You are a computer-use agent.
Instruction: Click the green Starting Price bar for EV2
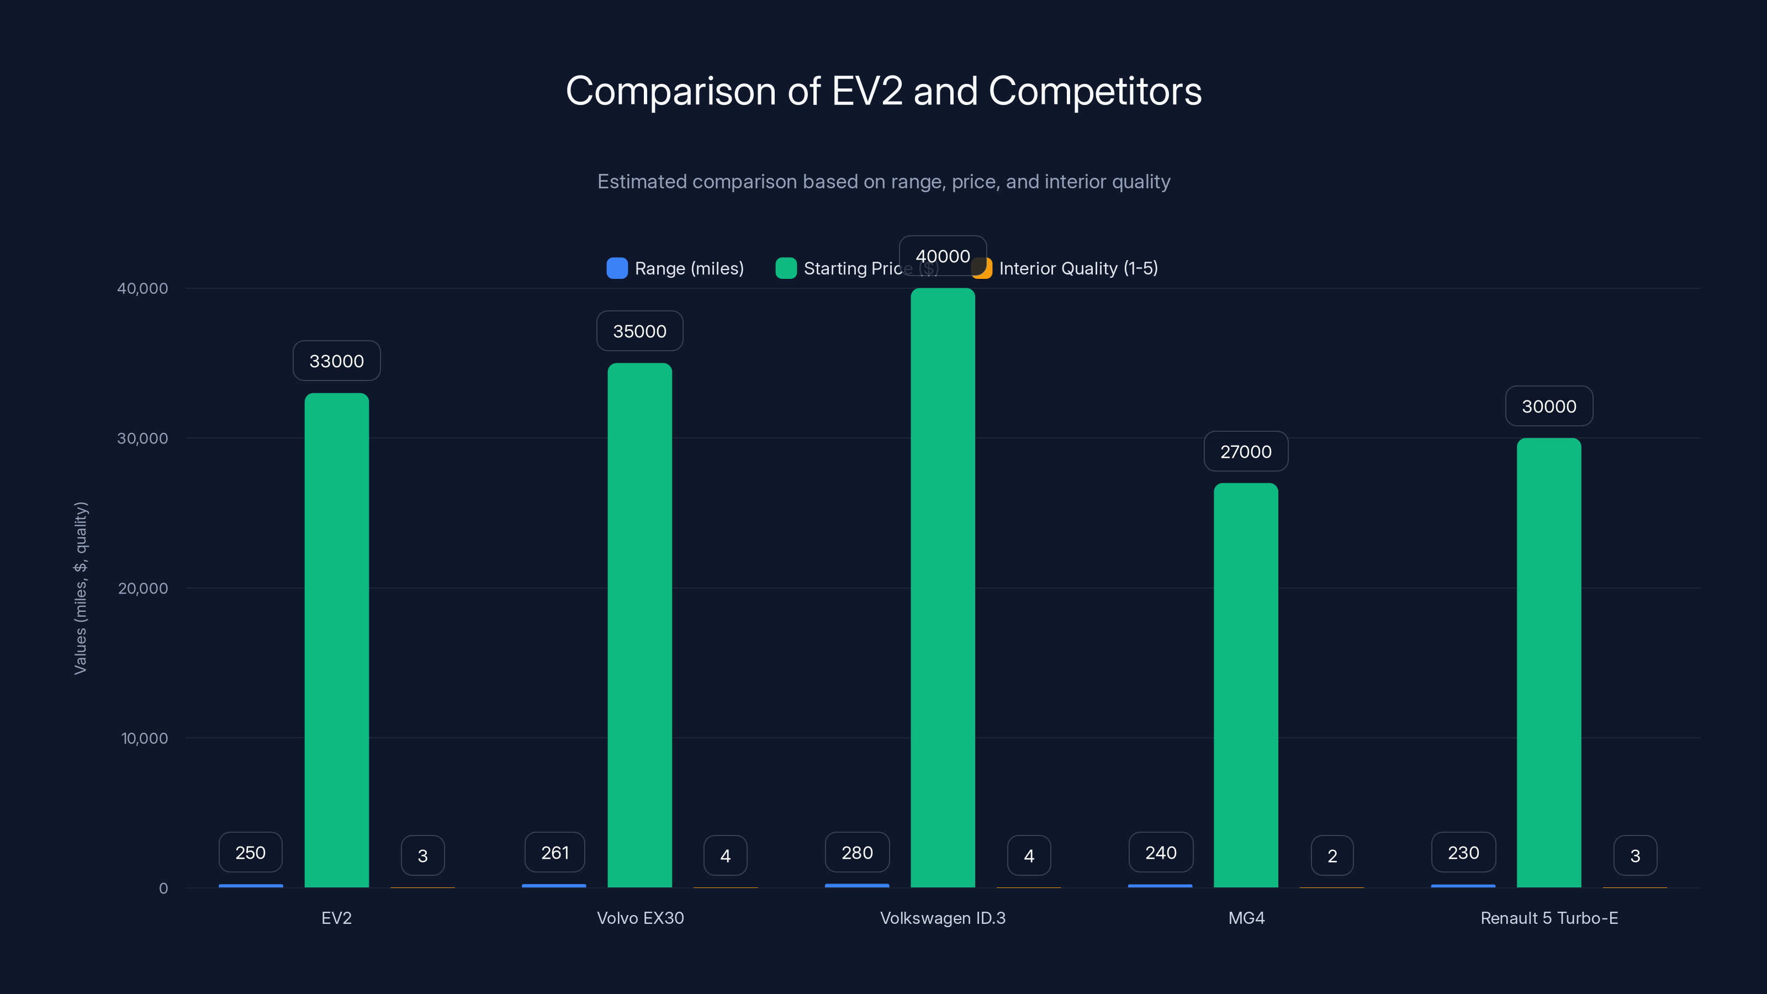click(336, 639)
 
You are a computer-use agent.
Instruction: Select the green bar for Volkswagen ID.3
click(943, 587)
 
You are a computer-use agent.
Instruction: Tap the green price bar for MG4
click(1246, 685)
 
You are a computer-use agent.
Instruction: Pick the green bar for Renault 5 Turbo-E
click(1549, 662)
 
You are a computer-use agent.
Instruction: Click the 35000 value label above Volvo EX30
click(639, 331)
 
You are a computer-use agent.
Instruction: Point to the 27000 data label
click(1246, 451)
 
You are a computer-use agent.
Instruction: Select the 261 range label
click(555, 853)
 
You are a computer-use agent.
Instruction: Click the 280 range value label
click(858, 853)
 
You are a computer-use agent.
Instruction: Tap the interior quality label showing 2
click(1332, 855)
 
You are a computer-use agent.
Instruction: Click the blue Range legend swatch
click(617, 268)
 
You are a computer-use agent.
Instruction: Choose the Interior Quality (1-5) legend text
click(1078, 268)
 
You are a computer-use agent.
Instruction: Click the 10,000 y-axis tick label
click(144, 738)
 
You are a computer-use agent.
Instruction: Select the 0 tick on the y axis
click(163, 889)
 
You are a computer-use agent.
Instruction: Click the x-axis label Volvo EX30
click(640, 918)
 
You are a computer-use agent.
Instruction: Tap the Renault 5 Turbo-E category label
click(1549, 918)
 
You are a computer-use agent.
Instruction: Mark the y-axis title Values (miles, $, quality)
click(80, 588)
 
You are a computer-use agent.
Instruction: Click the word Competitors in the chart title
click(1095, 91)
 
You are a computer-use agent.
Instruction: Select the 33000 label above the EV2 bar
click(336, 361)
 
